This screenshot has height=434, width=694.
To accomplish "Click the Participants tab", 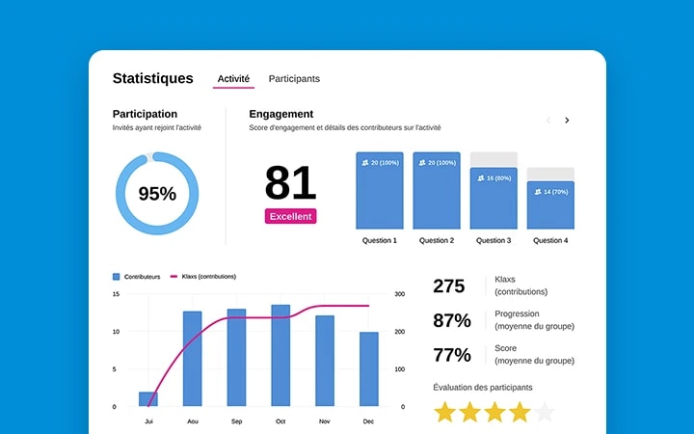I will [294, 79].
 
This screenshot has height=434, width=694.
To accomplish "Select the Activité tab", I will [233, 79].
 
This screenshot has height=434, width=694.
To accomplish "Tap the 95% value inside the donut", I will [157, 194].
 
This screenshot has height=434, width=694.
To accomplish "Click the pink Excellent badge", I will [290, 216].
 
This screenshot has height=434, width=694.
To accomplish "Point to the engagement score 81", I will [290, 183].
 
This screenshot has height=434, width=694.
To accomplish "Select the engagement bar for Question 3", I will [494, 198].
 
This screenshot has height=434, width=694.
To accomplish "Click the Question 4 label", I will [550, 240].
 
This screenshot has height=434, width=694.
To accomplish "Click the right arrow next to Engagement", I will [567, 121].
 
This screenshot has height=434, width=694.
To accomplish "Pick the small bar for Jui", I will [148, 398].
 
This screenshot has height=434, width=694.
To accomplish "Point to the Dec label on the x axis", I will [368, 421].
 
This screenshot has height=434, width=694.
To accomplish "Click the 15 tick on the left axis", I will [116, 293].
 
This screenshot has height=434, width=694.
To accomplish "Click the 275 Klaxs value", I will [449, 285].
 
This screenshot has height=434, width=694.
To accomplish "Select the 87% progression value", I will [452, 320].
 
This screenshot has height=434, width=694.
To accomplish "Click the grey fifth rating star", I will [545, 413].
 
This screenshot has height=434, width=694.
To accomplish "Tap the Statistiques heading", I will [152, 79].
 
